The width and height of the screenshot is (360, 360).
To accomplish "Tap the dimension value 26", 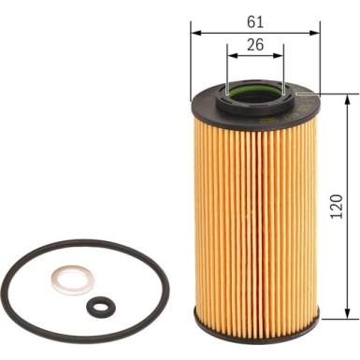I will [253, 44].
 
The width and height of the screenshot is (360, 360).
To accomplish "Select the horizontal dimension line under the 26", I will [253, 57].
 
